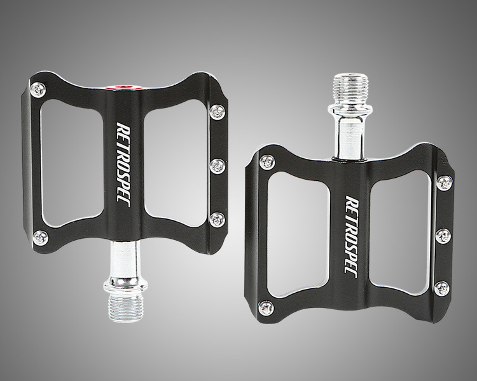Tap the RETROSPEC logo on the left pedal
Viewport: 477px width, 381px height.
tap(124, 164)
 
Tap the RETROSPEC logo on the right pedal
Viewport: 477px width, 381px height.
tap(351, 237)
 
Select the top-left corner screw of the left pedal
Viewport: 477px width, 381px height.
tap(38, 90)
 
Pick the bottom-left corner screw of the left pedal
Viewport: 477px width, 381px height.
tap(41, 237)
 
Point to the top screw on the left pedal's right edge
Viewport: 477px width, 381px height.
tap(218, 112)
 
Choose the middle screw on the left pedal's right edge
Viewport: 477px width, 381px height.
tap(218, 166)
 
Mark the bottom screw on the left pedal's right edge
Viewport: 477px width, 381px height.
tap(218, 220)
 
